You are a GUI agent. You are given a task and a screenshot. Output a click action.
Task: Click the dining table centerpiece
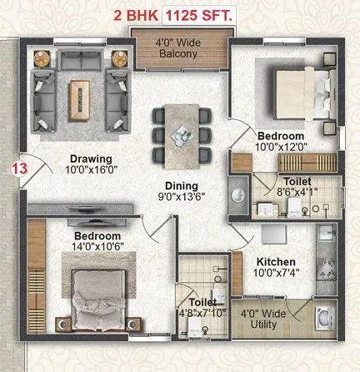pos(177,133)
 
